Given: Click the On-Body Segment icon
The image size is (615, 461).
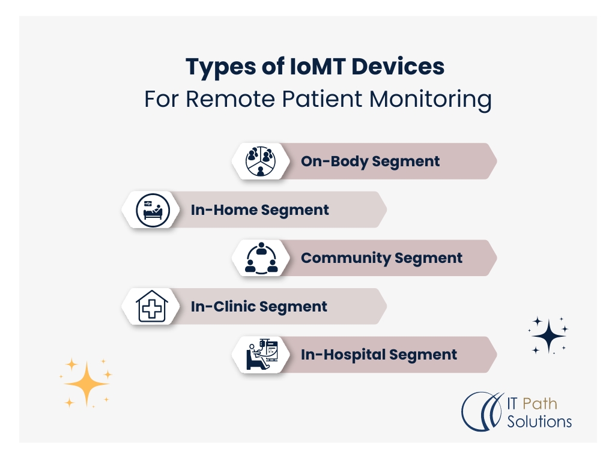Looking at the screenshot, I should pos(260,161).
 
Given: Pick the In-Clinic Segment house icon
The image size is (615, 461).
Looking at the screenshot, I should pos(150,306).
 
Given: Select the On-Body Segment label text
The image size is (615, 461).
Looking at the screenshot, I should pos(370,161).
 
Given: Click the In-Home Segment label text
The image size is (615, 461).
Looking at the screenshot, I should pos(259,210).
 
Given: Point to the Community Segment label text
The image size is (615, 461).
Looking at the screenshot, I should pos(381,258).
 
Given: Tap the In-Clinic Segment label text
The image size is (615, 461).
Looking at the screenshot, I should pos(259,307).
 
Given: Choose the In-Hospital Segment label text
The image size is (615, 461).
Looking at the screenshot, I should pos(378,355).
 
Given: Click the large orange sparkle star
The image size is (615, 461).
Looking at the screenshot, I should pos(87,384).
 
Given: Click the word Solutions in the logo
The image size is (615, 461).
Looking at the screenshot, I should pos(539,421).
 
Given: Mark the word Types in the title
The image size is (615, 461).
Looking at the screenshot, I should pos(220,67).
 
